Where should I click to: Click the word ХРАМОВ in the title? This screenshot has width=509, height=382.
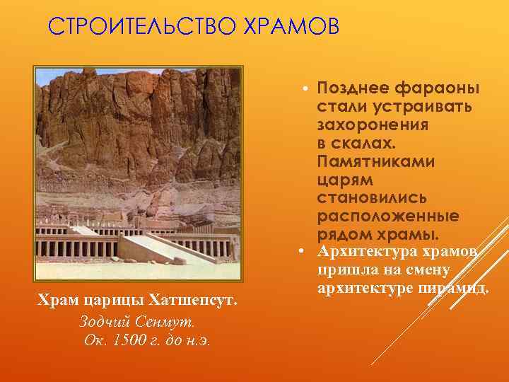click(291, 26)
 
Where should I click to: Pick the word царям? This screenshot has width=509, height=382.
click(344, 180)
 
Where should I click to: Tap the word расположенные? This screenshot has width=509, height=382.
click(387, 216)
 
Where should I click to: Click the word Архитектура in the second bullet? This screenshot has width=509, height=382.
click(366, 253)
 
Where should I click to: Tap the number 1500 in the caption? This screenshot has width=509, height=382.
click(129, 340)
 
